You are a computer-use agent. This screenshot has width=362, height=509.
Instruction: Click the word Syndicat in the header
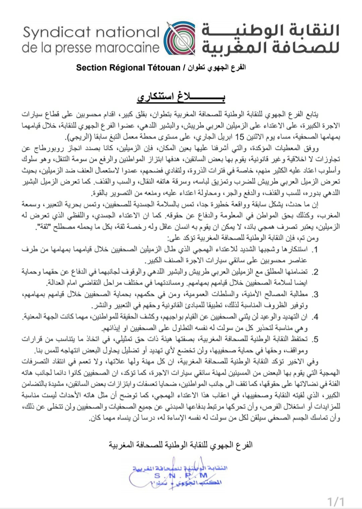pyautogui.click(x=57, y=32)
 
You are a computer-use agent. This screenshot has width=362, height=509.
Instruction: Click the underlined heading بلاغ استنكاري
pyautogui.click(x=181, y=97)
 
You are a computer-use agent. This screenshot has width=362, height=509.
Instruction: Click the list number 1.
pyautogui.click(x=315, y=249)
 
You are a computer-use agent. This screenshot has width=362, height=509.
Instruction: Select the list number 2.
pyautogui.click(x=315, y=272)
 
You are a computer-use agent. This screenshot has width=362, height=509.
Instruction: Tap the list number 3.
pyautogui.click(x=315, y=295)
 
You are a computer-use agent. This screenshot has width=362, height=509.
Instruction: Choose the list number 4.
pyautogui.click(x=315, y=317)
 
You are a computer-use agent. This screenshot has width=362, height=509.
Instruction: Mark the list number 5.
pyautogui.click(x=315, y=340)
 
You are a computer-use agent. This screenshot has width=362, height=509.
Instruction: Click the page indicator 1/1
pyautogui.click(x=336, y=502)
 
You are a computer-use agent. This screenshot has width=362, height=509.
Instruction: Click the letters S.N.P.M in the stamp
pyautogui.click(x=181, y=475)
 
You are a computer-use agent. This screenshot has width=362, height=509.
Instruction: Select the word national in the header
pyautogui.click(x=127, y=32)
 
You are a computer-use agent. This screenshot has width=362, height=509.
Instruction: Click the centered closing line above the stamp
pyautogui.click(x=181, y=445)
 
